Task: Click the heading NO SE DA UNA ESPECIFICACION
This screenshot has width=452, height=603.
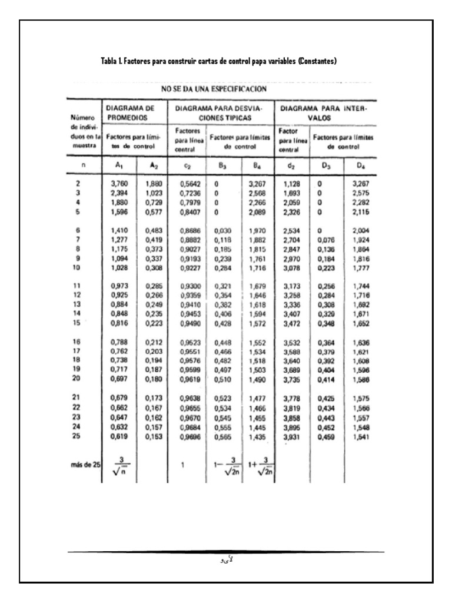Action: pyautogui.click(x=214, y=90)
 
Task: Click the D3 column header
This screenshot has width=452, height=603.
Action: pyautogui.click(x=325, y=166)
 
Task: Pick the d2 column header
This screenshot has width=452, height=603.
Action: pyautogui.click(x=290, y=166)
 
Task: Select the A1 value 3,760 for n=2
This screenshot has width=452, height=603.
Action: pyautogui.click(x=119, y=184)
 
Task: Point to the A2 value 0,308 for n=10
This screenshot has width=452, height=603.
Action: pyautogui.click(x=152, y=252)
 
